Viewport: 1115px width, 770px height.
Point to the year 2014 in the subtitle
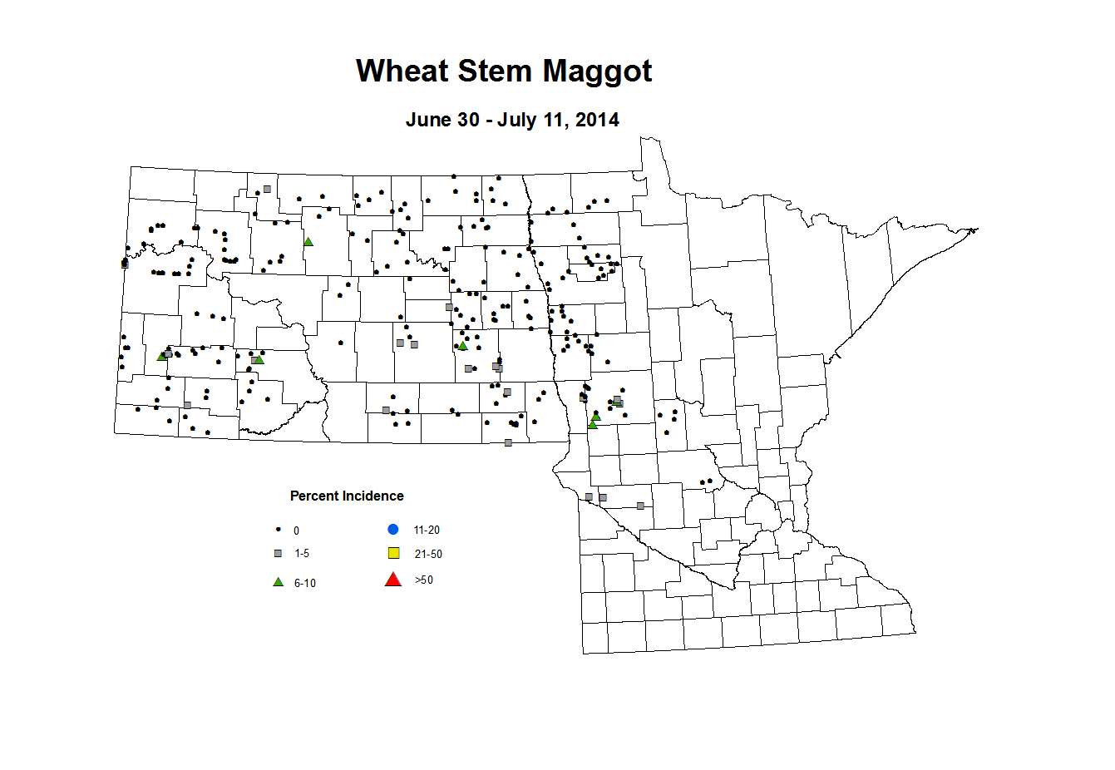(x=597, y=120)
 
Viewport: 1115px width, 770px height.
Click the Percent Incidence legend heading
(x=347, y=496)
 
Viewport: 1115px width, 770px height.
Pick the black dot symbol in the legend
(x=279, y=530)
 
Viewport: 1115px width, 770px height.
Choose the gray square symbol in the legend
(x=279, y=553)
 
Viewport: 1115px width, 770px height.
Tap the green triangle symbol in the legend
(x=279, y=582)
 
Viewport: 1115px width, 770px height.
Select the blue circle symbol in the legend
(x=393, y=530)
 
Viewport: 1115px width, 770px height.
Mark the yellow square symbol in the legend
(x=394, y=553)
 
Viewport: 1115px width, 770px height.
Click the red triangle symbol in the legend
(x=393, y=580)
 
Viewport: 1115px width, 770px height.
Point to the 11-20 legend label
(x=427, y=530)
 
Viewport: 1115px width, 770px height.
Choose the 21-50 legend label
(x=428, y=554)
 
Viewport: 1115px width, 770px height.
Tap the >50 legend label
(x=423, y=580)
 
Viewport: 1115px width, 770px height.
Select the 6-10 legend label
(x=305, y=583)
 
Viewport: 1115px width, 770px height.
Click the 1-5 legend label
(x=301, y=553)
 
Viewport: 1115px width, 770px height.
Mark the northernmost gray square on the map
(x=267, y=189)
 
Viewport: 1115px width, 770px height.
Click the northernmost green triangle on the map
(x=308, y=242)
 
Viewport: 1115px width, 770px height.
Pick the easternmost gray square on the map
(x=640, y=506)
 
